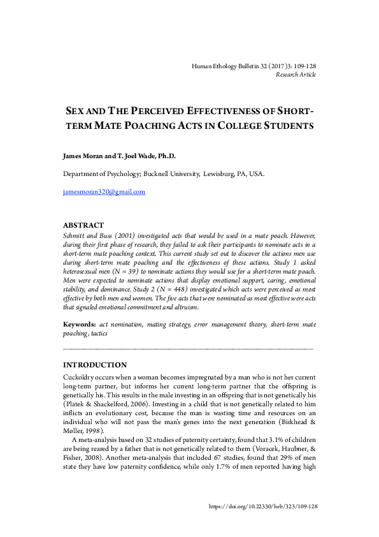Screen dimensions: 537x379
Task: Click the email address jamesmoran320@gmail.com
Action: pos(104,192)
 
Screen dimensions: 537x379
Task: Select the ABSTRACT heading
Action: pos(83,226)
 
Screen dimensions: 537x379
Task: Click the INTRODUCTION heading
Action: pos(95,365)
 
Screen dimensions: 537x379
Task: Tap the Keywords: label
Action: pos(79,325)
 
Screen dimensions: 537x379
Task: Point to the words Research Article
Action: pos(296,75)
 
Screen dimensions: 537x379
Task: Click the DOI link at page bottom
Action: pos(263,506)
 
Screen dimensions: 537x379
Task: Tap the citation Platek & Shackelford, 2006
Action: pos(103,404)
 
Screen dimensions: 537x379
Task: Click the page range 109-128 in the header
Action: pos(304,66)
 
